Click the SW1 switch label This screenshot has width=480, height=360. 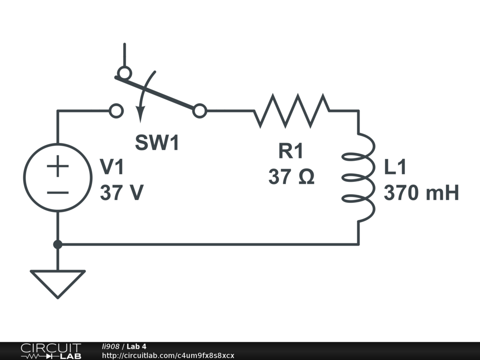(157, 143)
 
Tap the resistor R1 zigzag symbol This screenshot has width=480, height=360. (292, 111)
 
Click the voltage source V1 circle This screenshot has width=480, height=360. (57, 178)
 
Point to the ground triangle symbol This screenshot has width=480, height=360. (57, 281)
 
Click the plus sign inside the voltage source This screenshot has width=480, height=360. (57, 167)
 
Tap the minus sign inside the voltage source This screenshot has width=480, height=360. (57, 192)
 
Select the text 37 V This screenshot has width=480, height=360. (121, 193)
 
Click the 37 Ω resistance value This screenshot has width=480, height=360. (291, 177)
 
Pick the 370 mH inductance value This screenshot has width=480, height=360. (421, 193)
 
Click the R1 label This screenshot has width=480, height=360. (291, 151)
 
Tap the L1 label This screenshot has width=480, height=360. (396, 167)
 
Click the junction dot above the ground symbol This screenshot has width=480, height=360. (57, 244)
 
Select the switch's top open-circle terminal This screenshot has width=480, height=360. (124, 73)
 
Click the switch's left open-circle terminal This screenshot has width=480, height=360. (116, 111)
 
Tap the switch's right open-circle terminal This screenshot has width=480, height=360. (200, 111)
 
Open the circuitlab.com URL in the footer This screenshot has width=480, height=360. (168, 355)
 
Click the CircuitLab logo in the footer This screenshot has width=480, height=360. (50, 351)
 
